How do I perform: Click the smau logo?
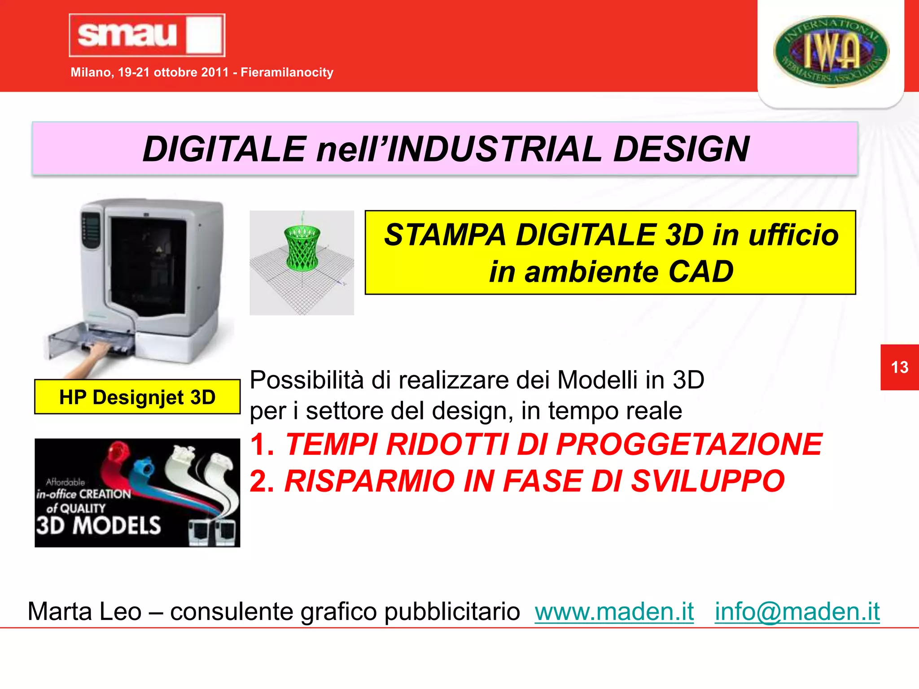pyautogui.click(x=147, y=35)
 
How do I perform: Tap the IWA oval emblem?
pyautogui.click(x=831, y=51)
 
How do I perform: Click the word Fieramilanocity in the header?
pyautogui.click(x=287, y=72)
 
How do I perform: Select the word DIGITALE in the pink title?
pyautogui.click(x=224, y=149)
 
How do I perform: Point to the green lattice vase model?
pyautogui.click(x=302, y=248)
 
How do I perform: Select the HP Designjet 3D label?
pyautogui.click(x=137, y=397)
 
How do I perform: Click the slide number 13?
pyautogui.click(x=899, y=367)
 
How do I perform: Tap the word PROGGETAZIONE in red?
pyautogui.click(x=689, y=445)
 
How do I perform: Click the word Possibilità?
pyautogui.click(x=306, y=380)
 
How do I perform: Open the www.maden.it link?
pyautogui.click(x=614, y=611)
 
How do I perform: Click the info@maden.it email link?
pyautogui.click(x=797, y=611)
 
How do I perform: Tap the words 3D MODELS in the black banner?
pyautogui.click(x=98, y=525)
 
